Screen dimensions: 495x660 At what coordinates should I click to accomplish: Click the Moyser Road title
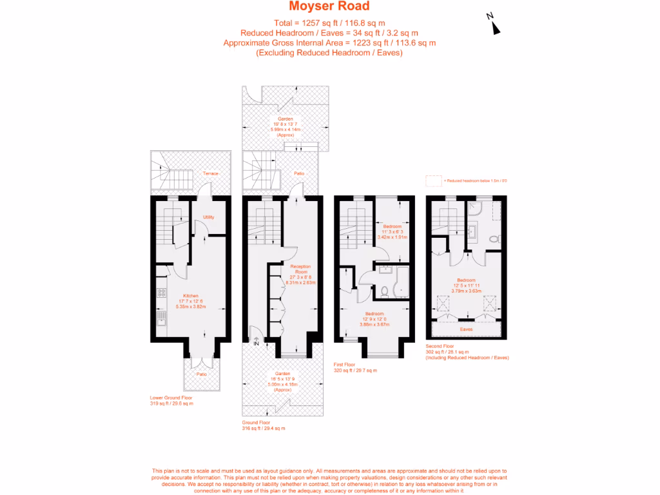coord(329,6)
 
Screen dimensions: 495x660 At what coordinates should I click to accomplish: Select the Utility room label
coord(208,217)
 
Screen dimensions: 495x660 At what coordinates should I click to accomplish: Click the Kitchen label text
coord(190,296)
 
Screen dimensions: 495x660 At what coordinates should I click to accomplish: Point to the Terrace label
coord(210,174)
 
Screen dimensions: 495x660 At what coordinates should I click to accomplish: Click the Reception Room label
coord(300,269)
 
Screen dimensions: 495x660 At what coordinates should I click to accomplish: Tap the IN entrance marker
coord(256,344)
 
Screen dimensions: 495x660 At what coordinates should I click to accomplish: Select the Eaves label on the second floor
coord(466,329)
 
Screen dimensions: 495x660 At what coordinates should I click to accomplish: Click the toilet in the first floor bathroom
coord(384,291)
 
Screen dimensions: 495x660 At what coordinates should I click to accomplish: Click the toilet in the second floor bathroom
coord(494,238)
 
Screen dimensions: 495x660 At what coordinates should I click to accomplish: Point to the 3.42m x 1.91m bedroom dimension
coord(393,237)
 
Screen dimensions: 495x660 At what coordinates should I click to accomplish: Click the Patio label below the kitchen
coord(202,374)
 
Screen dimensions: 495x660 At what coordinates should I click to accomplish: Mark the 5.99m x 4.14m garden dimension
coord(286,130)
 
